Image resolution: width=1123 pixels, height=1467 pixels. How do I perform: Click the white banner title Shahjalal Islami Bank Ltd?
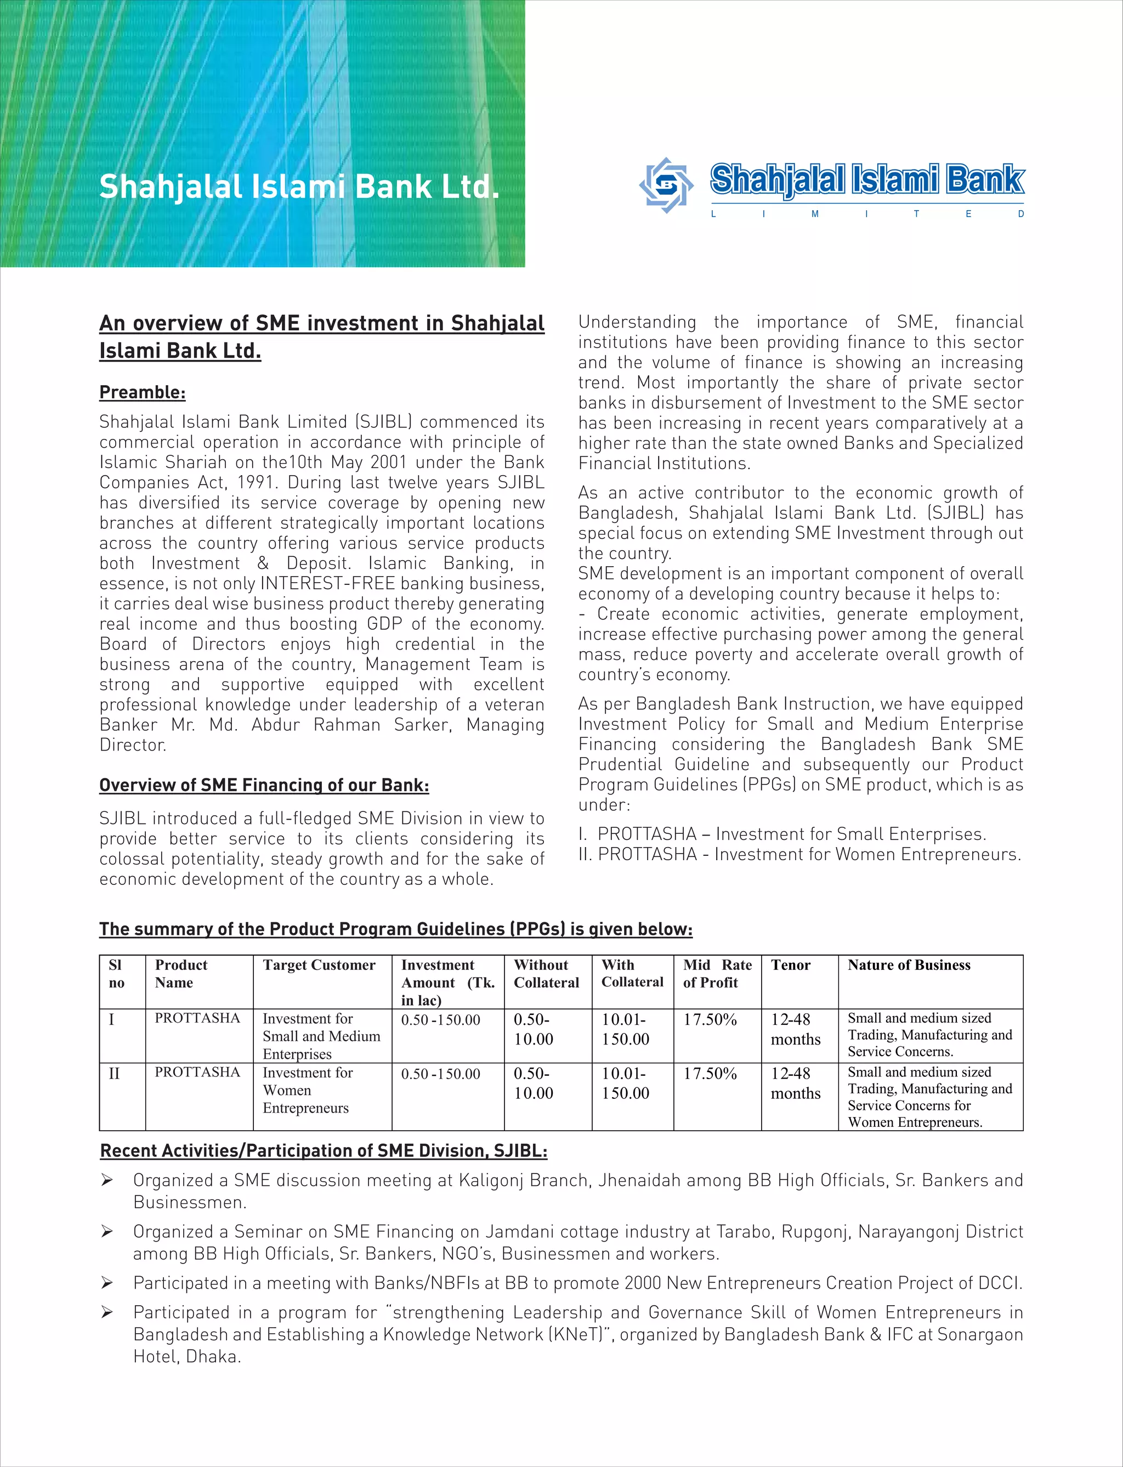tap(299, 187)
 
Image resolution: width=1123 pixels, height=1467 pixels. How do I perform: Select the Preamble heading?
tap(143, 392)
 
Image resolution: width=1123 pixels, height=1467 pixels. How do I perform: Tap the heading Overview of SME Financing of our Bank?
tap(264, 785)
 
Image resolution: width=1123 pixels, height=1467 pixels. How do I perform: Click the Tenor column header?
tap(790, 965)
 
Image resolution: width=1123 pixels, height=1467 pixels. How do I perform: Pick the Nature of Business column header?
tap(909, 965)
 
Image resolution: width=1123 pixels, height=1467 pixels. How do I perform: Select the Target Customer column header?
tap(319, 965)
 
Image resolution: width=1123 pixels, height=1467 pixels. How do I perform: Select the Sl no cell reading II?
tap(114, 1074)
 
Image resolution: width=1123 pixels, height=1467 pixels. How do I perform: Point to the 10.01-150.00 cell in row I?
tap(625, 1029)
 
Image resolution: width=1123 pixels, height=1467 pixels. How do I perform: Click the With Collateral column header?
tap(632, 974)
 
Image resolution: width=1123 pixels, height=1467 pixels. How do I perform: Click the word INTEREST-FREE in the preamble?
tap(327, 584)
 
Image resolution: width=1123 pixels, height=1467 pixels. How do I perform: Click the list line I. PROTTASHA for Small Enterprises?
tap(782, 834)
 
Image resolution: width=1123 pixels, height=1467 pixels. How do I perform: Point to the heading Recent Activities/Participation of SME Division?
tap(324, 1151)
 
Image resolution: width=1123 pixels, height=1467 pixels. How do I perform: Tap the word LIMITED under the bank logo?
tap(867, 215)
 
